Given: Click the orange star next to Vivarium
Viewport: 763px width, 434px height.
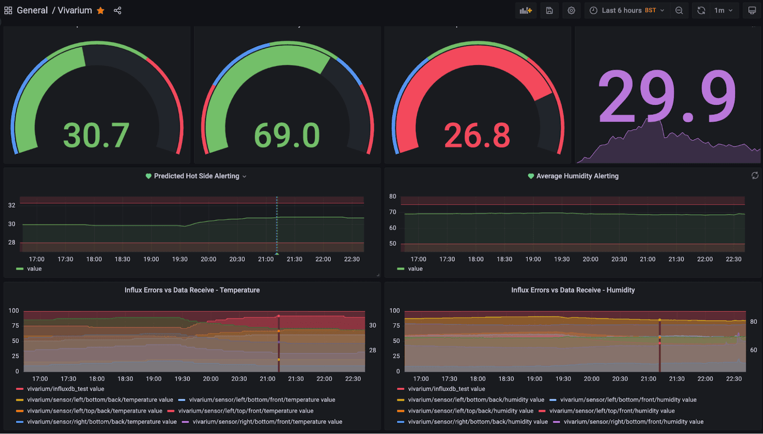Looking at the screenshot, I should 101,10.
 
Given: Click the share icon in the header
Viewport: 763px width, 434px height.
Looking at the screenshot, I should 117,10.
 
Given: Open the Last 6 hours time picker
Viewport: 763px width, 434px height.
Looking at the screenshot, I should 627,10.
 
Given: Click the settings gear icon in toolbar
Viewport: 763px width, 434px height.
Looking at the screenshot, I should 571,10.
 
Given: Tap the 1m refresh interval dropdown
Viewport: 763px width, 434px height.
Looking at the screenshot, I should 723,10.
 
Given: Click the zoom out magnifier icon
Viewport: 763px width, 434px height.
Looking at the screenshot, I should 679,10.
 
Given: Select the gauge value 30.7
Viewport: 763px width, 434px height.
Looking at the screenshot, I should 96,135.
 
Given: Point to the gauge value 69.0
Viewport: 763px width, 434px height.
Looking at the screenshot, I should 287,135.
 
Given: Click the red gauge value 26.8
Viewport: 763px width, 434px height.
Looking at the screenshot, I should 477,135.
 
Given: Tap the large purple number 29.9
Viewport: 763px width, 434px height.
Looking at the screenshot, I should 667,97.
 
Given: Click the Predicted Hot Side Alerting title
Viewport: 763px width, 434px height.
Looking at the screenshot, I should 196,176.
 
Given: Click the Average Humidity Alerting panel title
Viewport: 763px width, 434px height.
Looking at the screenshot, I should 577,176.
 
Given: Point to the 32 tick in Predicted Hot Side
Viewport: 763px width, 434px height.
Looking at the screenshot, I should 12,205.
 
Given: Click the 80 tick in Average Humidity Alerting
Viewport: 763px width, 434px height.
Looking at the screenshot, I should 392,196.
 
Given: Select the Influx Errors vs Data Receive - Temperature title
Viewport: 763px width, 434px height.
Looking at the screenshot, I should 192,290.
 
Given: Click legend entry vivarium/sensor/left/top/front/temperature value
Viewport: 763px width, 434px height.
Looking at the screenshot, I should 246,411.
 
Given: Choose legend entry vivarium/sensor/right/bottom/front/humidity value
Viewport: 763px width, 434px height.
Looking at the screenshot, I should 633,422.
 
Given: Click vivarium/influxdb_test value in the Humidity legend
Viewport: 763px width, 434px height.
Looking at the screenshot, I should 446,389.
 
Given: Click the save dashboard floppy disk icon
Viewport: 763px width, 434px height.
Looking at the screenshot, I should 549,10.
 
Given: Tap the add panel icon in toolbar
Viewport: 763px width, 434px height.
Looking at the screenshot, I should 526,10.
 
